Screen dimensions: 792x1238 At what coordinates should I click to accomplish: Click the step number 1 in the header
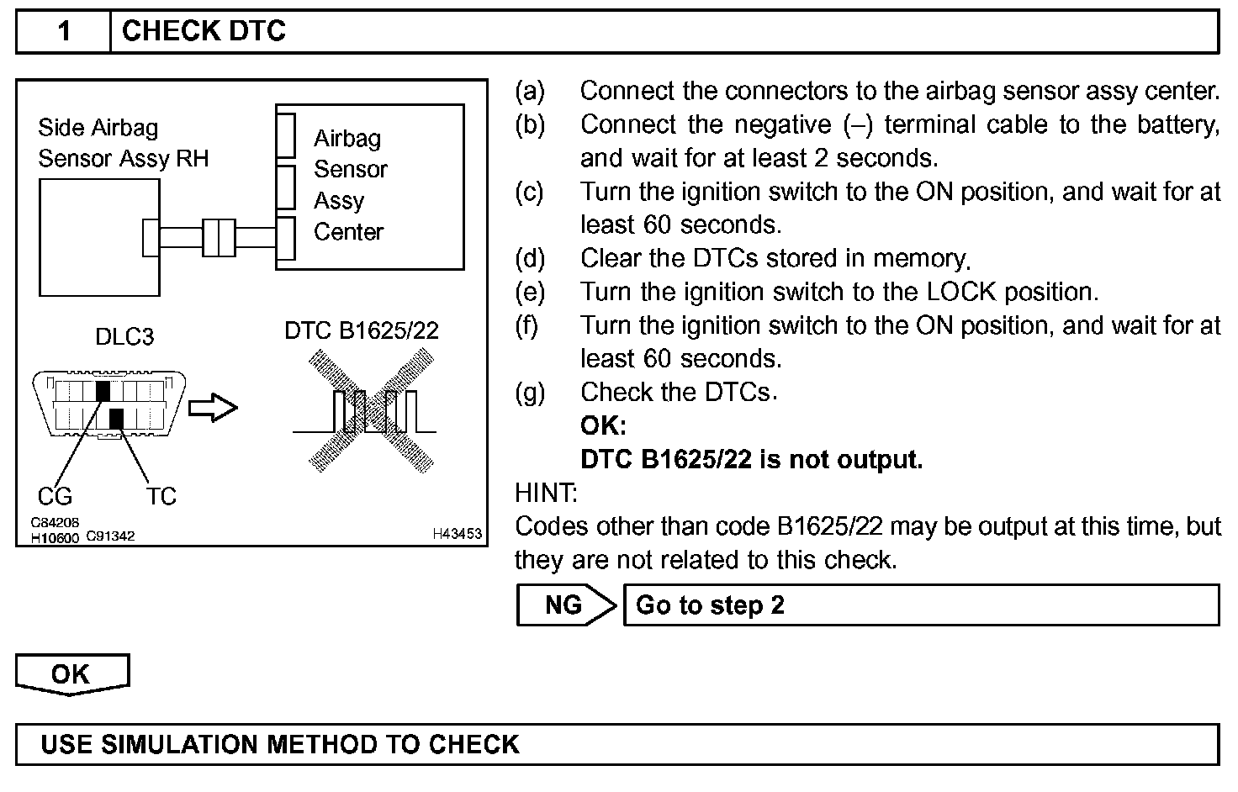pyautogui.click(x=64, y=32)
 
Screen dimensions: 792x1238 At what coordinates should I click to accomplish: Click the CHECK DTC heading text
pyautogui.click(x=204, y=32)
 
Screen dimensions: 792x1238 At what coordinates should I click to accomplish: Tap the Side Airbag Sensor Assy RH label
pyautogui.click(x=123, y=143)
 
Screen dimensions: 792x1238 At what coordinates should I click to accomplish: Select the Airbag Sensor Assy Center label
pyautogui.click(x=350, y=185)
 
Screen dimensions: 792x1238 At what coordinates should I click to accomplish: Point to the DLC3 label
pyautogui.click(x=124, y=337)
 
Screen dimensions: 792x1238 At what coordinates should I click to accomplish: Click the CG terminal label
pyautogui.click(x=56, y=496)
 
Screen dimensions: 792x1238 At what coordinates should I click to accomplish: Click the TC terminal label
pyautogui.click(x=161, y=496)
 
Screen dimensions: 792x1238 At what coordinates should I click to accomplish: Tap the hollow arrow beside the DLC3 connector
pyautogui.click(x=213, y=409)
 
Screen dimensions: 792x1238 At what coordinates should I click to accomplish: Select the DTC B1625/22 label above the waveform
pyautogui.click(x=362, y=330)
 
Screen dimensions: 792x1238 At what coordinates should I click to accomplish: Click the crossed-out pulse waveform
pyautogui.click(x=371, y=410)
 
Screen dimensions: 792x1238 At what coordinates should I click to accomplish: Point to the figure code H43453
pyautogui.click(x=458, y=534)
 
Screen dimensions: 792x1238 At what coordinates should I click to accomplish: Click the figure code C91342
pyautogui.click(x=110, y=536)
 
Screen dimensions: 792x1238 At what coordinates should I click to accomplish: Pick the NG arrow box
pyautogui.click(x=565, y=605)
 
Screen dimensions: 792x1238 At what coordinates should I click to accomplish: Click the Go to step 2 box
pyautogui.click(x=920, y=605)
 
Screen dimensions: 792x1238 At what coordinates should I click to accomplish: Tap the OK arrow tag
pyautogui.click(x=71, y=674)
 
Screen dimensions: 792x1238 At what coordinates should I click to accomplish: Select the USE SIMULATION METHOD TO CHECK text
pyautogui.click(x=280, y=745)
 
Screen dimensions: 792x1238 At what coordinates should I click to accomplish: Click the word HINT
pyautogui.click(x=546, y=493)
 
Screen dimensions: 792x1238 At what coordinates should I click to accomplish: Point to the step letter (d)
pyautogui.click(x=530, y=258)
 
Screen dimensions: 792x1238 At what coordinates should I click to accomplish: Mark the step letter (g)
pyautogui.click(x=530, y=392)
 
